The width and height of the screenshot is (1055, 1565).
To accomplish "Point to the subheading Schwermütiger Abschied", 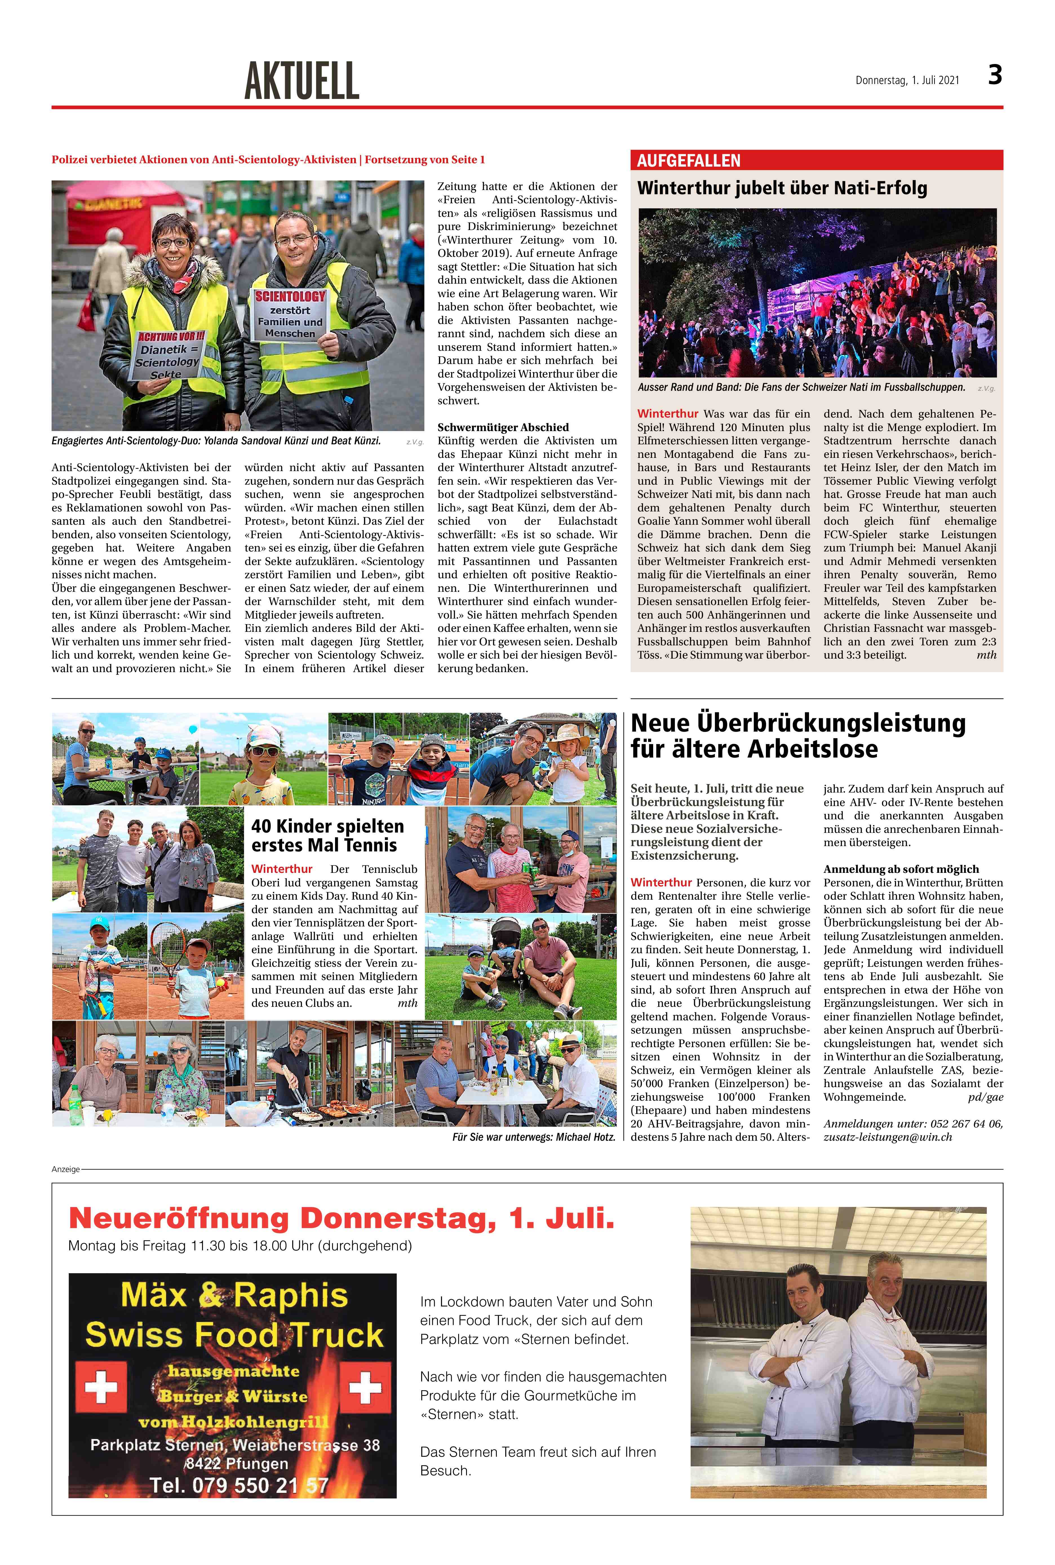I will (x=503, y=427).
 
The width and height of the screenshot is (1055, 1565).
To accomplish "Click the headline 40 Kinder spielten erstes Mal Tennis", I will (x=328, y=835).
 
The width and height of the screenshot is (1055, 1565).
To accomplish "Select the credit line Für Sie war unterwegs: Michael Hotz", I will (x=533, y=1137).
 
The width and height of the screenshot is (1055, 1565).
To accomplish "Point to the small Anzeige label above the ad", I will (x=65, y=1169).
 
